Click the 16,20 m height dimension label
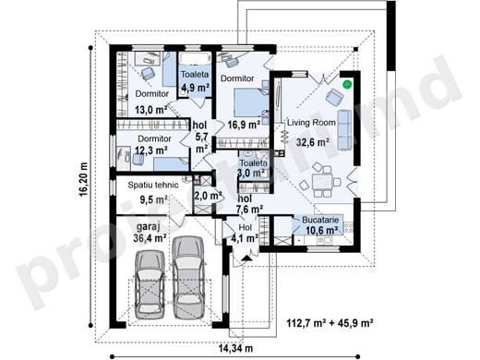(83, 179)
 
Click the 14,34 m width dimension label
(235, 348)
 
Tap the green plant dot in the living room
(347, 83)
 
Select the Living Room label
(311, 123)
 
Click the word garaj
(148, 227)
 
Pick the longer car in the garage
(187, 277)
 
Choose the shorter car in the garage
(150, 285)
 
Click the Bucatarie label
(320, 220)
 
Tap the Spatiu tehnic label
(153, 185)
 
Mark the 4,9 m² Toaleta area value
(196, 88)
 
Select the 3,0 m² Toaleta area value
(252, 173)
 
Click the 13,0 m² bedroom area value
(150, 109)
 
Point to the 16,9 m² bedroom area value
(244, 125)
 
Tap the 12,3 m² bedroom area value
(151, 150)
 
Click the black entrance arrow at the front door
(246, 258)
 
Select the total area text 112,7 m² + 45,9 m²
(330, 323)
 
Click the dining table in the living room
(322, 182)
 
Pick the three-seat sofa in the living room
(344, 130)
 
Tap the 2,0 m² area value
(208, 196)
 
